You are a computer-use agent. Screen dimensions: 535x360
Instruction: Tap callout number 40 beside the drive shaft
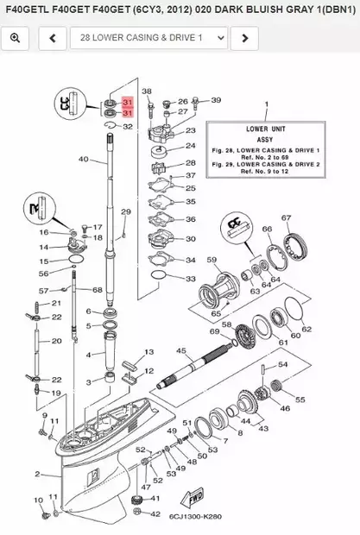83,160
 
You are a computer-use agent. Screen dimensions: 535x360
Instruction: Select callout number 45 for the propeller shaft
181,350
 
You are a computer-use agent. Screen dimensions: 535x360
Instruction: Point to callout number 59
212,258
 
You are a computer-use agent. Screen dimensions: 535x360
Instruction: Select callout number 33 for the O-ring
191,279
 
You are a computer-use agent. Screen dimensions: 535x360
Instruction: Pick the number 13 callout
148,352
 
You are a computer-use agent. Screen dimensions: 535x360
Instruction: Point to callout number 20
57,341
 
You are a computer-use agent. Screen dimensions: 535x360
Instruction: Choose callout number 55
300,400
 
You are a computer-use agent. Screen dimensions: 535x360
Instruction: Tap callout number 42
155,513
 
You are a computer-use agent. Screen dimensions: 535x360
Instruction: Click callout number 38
147,91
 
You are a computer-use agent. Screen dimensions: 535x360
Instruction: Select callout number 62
306,330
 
